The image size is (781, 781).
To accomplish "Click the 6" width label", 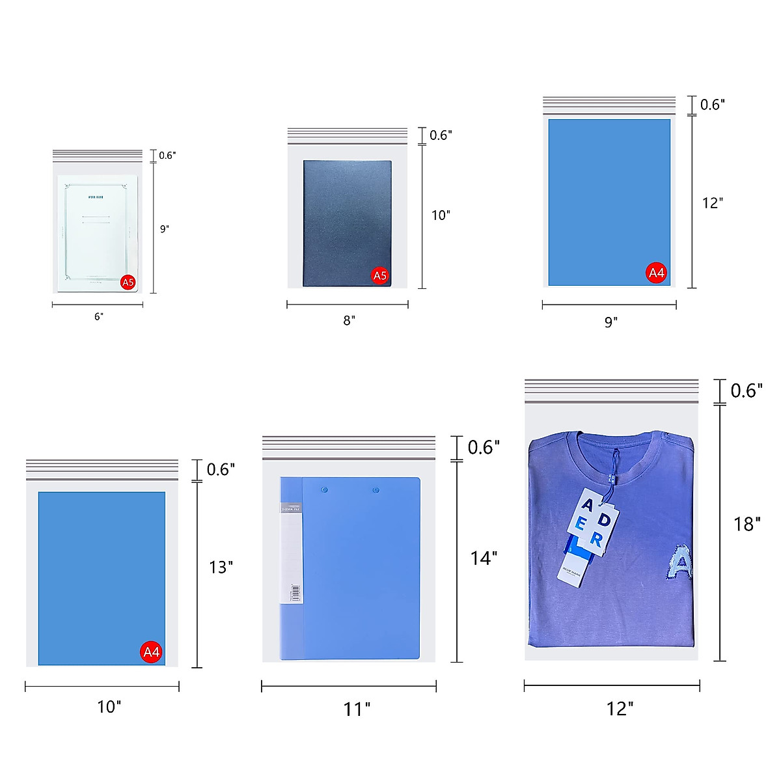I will (x=98, y=317).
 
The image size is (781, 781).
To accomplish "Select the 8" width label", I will (x=349, y=321).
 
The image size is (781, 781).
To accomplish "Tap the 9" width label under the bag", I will (x=610, y=322).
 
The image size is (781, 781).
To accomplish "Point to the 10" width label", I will (x=109, y=707).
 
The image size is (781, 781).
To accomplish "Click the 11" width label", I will (x=357, y=709).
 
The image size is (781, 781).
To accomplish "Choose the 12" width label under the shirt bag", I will (x=620, y=709).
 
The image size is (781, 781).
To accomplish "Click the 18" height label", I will (x=747, y=524).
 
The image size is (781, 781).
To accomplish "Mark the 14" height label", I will (x=484, y=558).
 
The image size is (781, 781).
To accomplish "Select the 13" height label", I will (x=221, y=568).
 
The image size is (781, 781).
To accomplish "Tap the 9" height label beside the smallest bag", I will (x=165, y=229).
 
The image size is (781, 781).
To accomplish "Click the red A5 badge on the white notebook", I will (x=128, y=282).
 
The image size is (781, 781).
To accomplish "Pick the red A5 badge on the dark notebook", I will (x=379, y=276).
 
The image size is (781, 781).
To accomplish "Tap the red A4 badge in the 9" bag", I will (x=656, y=273).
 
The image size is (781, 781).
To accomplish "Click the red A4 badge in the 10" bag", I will (x=151, y=652).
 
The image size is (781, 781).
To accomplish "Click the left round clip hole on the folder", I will (x=325, y=489).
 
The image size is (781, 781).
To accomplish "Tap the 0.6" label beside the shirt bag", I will (x=747, y=390).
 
